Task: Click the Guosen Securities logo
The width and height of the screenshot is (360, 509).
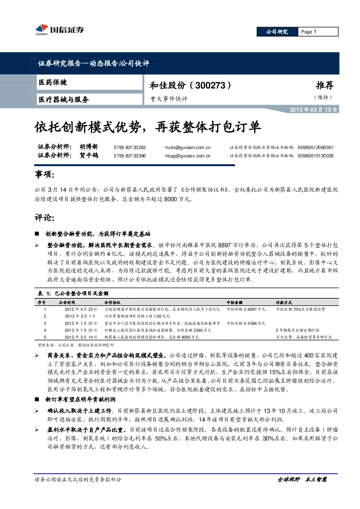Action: [59, 29]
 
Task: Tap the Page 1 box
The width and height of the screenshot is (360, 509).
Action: [318, 32]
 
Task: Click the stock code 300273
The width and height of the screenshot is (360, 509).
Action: [210, 85]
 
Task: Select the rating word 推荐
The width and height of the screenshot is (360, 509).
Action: [324, 85]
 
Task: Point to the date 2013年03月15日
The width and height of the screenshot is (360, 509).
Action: [313, 110]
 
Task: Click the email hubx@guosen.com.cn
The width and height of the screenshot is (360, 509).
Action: [188, 148]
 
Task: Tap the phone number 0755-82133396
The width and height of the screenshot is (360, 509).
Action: [129, 156]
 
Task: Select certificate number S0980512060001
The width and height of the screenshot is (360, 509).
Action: [315, 148]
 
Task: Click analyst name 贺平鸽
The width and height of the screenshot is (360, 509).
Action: [88, 156]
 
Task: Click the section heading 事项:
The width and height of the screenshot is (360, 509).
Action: [45, 174]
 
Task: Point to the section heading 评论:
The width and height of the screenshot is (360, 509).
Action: [45, 218]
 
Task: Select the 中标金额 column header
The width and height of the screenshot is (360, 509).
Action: [235, 302]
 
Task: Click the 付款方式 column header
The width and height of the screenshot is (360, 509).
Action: [284, 302]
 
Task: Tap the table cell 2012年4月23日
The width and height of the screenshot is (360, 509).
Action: [81, 309]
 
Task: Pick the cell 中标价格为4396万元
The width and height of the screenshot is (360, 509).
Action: [246, 323]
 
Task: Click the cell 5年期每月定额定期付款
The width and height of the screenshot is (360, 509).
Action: [298, 330]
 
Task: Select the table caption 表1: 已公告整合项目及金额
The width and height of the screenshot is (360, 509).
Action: [73, 293]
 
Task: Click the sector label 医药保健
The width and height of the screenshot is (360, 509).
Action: [53, 82]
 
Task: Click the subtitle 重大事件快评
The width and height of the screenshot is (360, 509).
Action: [169, 99]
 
